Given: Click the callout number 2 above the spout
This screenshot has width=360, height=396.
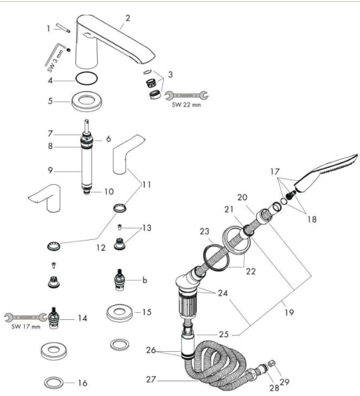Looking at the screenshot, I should click(128, 18).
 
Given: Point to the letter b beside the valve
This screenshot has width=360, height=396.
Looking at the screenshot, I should click(145, 280).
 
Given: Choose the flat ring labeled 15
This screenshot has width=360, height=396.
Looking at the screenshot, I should click(120, 313).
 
